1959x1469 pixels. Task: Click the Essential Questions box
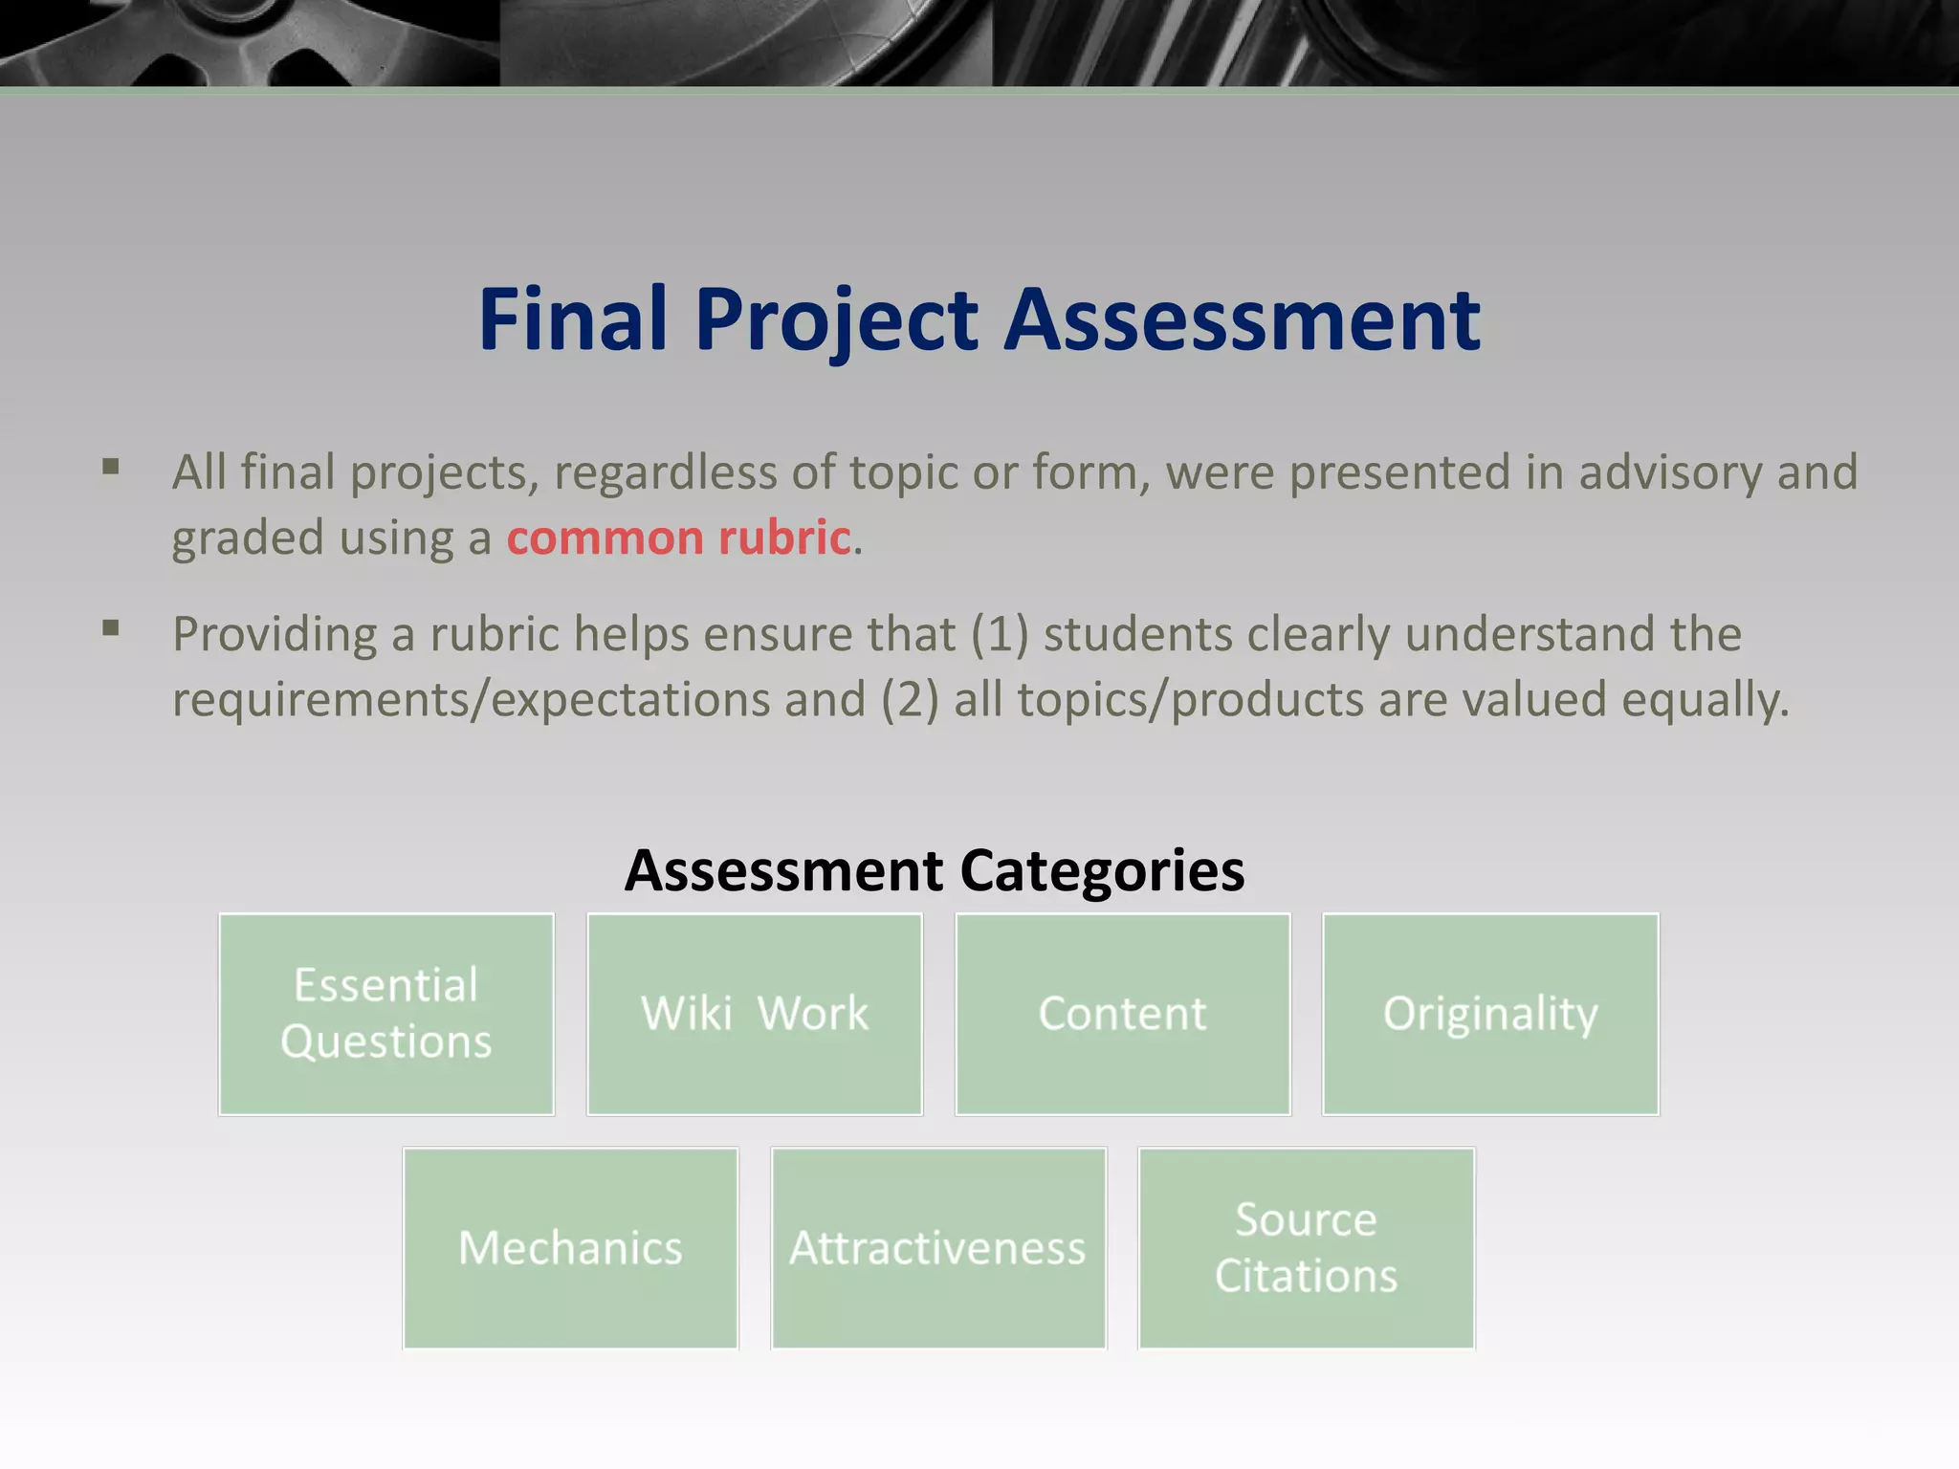coord(386,1014)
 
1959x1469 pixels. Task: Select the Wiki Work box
coord(755,1014)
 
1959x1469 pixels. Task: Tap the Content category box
coord(1123,1014)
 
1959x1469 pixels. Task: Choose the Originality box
coord(1490,1014)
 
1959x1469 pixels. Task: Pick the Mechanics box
coord(570,1248)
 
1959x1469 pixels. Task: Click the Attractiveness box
coord(938,1248)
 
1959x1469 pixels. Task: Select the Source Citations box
coord(1307,1248)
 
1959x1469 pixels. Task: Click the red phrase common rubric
coord(678,537)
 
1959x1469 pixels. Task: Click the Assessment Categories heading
coord(935,870)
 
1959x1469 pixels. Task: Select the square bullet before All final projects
coord(111,468)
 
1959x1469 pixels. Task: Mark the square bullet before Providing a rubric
coord(111,628)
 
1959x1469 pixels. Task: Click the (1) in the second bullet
coord(999,634)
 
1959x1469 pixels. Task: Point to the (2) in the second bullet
coord(909,699)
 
